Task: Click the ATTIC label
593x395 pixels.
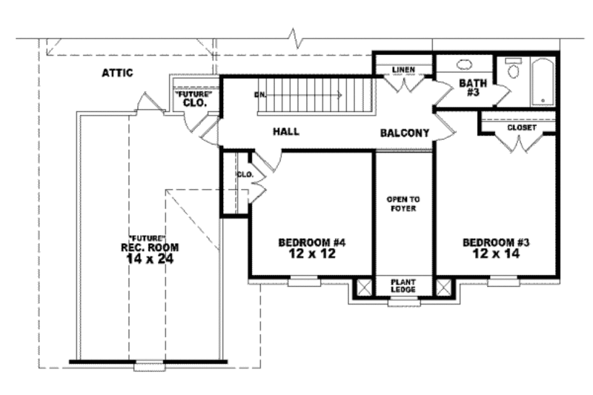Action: [116, 73]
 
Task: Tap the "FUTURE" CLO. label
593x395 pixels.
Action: [194, 99]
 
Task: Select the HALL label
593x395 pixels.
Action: [285, 131]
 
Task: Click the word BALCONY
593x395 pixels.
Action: [405, 133]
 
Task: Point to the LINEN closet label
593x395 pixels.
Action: [403, 70]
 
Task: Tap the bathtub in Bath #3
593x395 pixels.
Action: [544, 82]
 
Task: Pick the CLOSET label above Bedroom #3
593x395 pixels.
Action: [521, 127]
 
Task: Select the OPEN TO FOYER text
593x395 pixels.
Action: [403, 204]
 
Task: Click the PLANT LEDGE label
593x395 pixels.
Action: [403, 286]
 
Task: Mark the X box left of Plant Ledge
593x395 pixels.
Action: [364, 288]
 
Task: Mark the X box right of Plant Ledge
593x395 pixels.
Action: [443, 288]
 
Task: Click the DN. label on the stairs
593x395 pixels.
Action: [260, 95]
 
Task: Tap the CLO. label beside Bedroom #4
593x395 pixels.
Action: [244, 175]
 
